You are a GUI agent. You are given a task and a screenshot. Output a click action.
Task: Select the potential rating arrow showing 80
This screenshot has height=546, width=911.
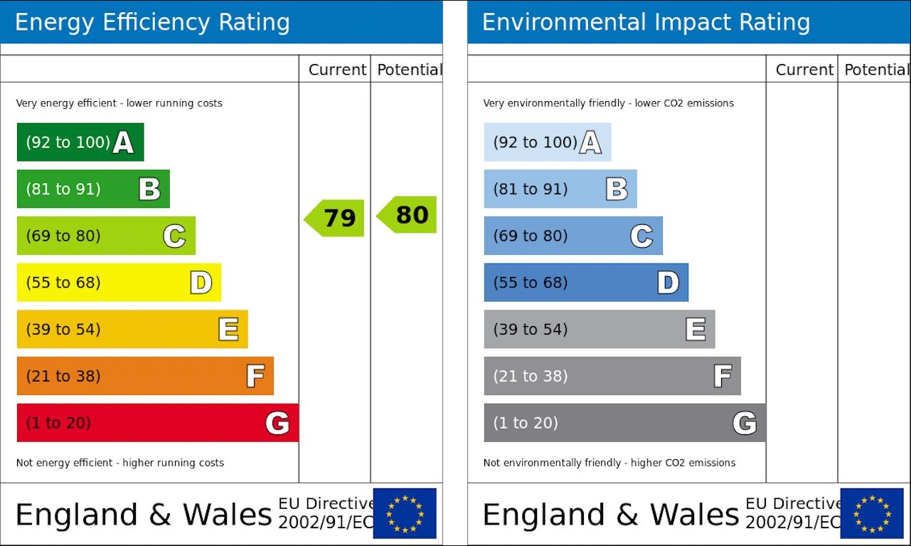407,214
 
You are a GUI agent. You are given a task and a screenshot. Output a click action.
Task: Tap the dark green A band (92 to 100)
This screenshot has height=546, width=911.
80,142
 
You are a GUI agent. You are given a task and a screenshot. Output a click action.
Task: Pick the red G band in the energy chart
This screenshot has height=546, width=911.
157,423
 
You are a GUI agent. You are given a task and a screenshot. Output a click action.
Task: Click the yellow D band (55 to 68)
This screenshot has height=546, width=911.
119,283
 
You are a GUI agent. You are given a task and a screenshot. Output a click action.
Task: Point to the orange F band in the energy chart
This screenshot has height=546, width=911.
145,376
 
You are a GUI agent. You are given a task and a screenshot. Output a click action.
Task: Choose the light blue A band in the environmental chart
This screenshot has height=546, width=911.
547,142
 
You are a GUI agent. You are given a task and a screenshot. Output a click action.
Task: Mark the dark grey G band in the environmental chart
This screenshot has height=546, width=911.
624,423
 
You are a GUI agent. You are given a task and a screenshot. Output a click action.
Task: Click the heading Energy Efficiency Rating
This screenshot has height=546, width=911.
152,22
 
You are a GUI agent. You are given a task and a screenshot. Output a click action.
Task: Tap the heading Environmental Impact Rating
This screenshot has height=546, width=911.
646,22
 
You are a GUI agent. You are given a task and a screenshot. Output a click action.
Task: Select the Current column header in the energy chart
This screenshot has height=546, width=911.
337,70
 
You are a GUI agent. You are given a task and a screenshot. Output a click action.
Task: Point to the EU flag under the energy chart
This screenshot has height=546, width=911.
405,513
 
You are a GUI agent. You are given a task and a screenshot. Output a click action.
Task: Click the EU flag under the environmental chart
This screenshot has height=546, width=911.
872,513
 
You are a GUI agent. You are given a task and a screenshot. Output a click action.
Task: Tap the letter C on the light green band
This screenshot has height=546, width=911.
174,236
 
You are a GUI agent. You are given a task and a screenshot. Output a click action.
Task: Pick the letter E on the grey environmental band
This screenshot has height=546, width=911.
695,329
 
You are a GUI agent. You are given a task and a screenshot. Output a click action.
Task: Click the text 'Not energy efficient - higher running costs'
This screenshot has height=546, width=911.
120,463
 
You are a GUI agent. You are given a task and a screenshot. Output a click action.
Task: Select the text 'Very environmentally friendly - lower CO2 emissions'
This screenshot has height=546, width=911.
608,103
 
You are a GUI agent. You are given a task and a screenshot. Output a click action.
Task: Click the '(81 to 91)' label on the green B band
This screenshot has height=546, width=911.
63,189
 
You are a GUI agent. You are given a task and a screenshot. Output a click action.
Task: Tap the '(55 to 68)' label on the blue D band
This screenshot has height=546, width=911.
531,283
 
